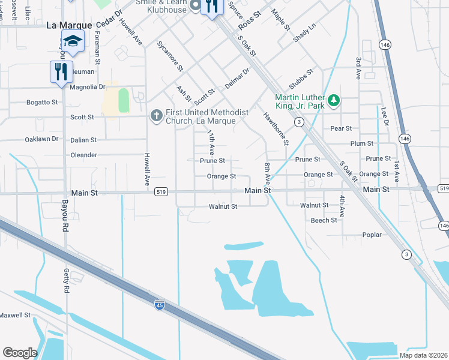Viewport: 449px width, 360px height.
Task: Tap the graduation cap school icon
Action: click(73, 41)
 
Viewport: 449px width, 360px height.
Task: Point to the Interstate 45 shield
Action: click(159, 305)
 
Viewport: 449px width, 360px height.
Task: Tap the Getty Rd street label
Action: click(67, 280)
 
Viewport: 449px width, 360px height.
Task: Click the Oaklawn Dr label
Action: click(41, 139)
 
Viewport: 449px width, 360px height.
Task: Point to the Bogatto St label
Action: click(42, 102)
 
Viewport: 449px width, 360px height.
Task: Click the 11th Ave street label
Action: click(211, 142)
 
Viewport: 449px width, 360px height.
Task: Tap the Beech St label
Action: click(324, 220)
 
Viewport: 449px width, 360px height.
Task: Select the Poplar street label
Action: click(372, 235)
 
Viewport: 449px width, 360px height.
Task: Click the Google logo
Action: click(20, 353)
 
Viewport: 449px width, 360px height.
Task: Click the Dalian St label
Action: click(83, 140)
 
